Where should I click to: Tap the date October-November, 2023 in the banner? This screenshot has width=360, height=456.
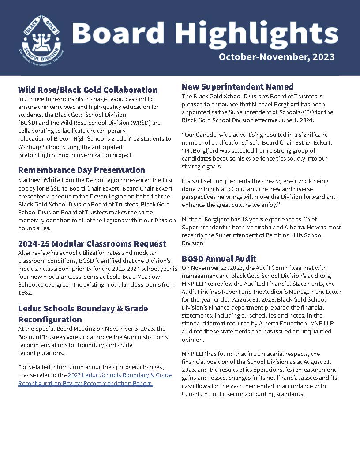pos(276,57)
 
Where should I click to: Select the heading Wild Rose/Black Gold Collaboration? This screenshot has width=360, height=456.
pos(88,90)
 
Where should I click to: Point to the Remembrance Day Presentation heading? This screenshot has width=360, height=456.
pos(82,170)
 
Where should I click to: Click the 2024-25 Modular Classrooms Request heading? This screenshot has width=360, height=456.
pos(92,243)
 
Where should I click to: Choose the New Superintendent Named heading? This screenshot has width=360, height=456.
pos(237,86)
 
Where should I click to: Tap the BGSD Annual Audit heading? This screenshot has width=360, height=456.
pos(219,258)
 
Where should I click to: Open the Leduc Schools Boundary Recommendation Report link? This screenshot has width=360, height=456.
pos(95,379)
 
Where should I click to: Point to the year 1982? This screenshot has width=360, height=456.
pos(25,292)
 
